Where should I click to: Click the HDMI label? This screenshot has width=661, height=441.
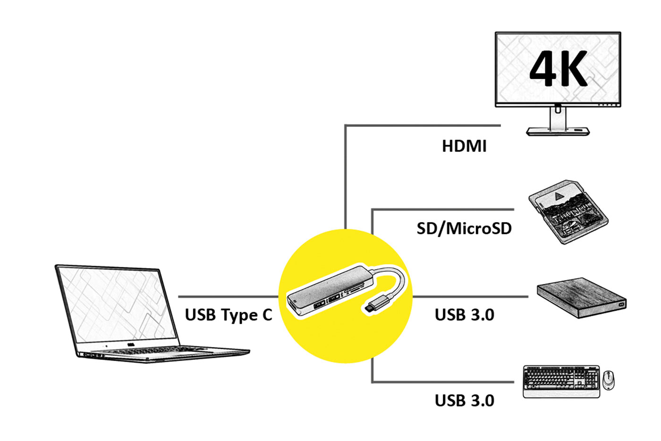point(464,146)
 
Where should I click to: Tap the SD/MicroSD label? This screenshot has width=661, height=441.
point(464,229)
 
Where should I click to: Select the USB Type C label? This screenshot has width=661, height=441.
point(229,315)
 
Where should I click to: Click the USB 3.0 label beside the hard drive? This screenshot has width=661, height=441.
point(464,315)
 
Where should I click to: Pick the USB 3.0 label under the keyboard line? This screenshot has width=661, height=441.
point(464,401)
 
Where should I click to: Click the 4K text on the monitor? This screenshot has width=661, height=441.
point(558,69)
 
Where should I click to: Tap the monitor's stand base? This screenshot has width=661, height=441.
point(558,131)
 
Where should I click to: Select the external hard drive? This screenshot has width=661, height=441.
point(581,297)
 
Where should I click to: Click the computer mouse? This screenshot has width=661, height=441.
point(609,380)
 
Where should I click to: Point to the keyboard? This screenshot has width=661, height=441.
point(561,381)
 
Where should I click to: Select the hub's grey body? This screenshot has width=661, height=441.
point(326,291)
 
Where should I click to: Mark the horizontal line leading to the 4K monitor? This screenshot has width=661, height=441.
point(425,125)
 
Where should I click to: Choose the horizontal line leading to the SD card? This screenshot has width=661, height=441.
point(444,209)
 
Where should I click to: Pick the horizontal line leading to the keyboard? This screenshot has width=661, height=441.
point(444,381)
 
